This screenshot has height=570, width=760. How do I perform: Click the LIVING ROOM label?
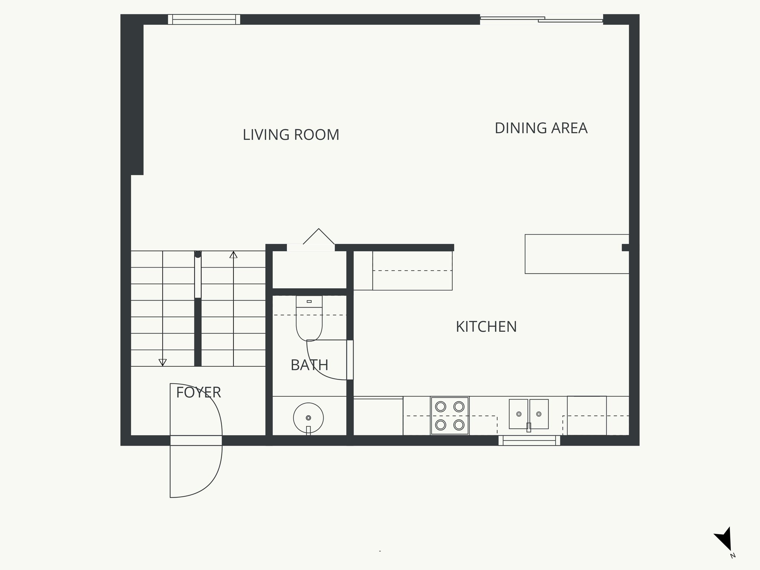point(291,135)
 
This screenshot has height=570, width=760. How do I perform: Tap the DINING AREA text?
point(541,128)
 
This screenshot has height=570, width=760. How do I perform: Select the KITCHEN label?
point(486,327)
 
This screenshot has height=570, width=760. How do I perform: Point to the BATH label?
point(309,365)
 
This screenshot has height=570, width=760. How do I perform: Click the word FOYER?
point(198,392)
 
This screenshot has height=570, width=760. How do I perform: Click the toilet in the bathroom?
point(309,319)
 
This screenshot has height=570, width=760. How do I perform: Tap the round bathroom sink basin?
point(308,418)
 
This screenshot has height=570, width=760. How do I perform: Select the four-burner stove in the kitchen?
point(450,416)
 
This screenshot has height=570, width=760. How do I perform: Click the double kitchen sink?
point(528,414)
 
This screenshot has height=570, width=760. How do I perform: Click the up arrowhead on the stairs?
point(233,255)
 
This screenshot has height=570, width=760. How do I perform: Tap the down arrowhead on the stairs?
point(163,362)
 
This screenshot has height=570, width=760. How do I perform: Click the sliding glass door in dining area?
point(541,19)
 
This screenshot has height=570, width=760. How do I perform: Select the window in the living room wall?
point(204,19)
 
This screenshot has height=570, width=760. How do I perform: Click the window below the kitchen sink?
point(529,440)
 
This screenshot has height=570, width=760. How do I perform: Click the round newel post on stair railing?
point(198,254)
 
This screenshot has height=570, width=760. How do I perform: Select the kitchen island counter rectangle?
point(577,254)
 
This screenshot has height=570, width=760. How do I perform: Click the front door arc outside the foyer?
point(208,482)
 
